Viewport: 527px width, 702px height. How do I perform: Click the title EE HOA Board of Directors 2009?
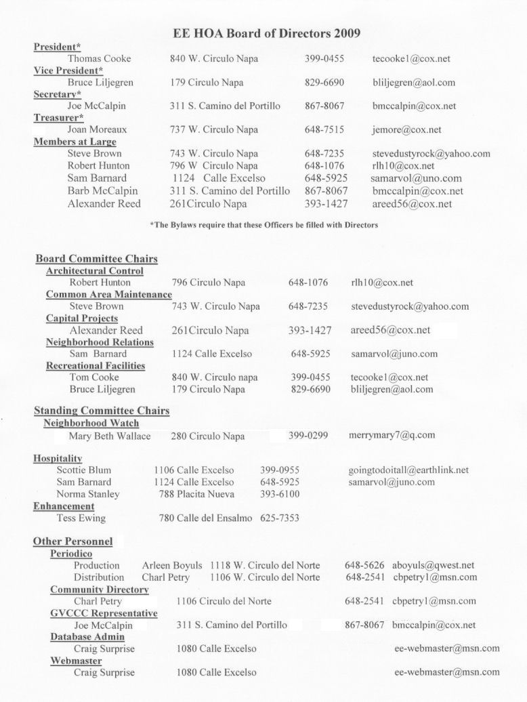pyautogui.click(x=267, y=33)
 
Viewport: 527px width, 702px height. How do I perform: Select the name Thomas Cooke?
pyautogui.click(x=99, y=59)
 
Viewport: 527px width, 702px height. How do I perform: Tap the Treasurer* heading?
pyautogui.click(x=62, y=118)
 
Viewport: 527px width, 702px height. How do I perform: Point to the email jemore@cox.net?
pyautogui.click(x=406, y=129)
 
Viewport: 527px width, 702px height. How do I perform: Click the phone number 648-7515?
pyautogui.click(x=324, y=129)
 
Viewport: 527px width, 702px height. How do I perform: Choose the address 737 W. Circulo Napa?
pyautogui.click(x=214, y=129)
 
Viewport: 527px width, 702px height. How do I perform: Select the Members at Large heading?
pyautogui.click(x=75, y=142)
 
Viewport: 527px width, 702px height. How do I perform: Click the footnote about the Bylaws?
pyautogui.click(x=263, y=225)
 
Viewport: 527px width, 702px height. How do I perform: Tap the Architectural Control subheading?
pyautogui.click(x=94, y=271)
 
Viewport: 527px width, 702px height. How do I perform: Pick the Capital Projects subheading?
pyautogui.click(x=81, y=318)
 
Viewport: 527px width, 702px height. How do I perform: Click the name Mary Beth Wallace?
pyautogui.click(x=110, y=436)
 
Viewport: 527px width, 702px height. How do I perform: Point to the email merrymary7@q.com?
pyautogui.click(x=392, y=436)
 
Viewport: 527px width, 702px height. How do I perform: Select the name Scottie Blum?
pyautogui.click(x=84, y=470)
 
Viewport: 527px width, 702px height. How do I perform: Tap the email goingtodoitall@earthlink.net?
pyautogui.click(x=408, y=470)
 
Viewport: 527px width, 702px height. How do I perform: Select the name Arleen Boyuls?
pyautogui.click(x=172, y=566)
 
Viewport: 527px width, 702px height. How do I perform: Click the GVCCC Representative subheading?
pyautogui.click(x=104, y=613)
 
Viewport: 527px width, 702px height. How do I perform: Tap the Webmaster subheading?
pyautogui.click(x=76, y=661)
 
